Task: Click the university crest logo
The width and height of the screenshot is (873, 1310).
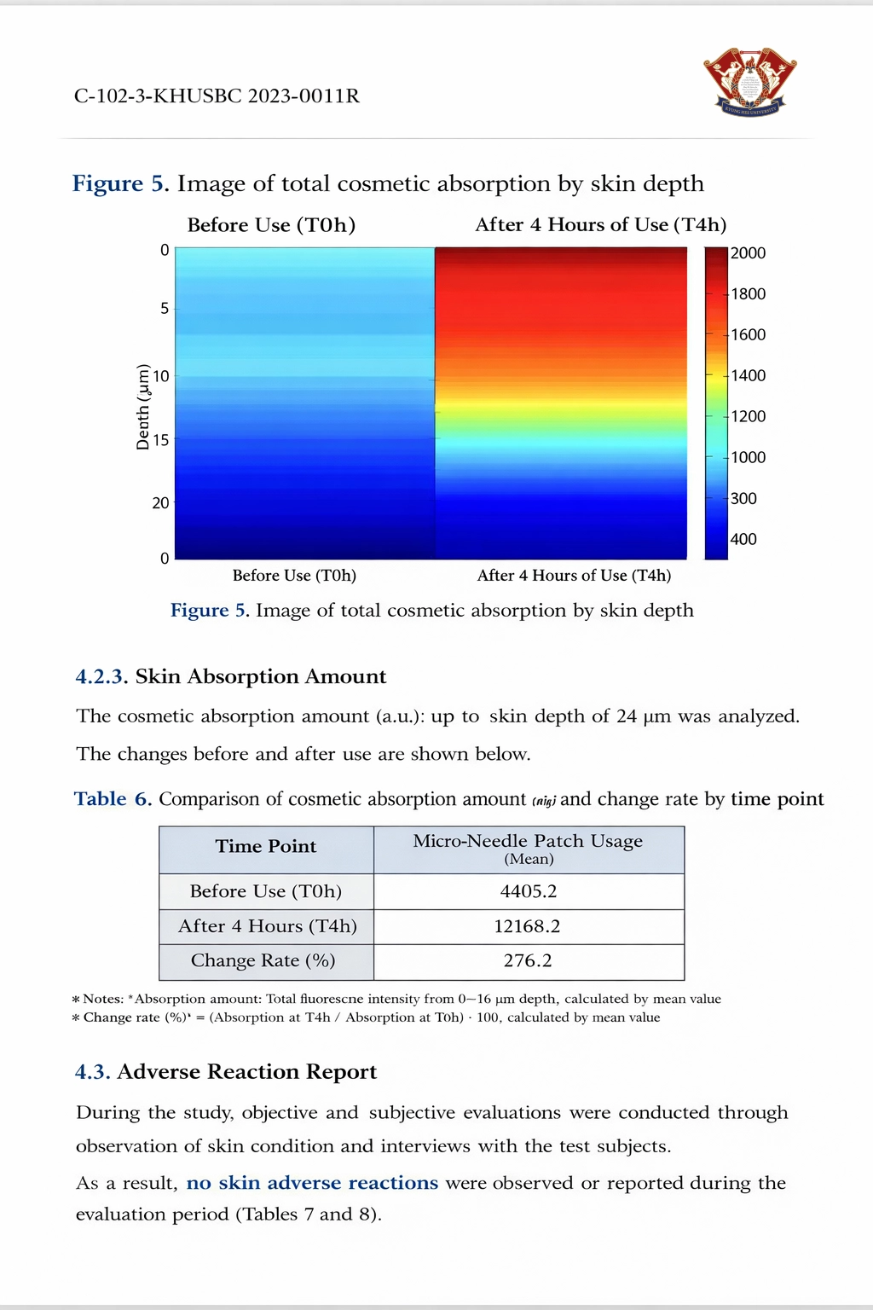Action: (x=749, y=82)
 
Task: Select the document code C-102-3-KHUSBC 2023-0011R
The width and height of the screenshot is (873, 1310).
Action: (x=217, y=96)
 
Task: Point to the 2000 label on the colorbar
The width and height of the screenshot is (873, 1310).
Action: (x=748, y=253)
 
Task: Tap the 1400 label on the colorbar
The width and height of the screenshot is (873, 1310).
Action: (x=748, y=375)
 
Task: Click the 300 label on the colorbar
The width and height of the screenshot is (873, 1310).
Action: (x=743, y=498)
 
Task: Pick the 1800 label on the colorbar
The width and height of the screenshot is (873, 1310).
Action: (x=748, y=294)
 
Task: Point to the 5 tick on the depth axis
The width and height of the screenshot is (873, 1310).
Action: (x=165, y=308)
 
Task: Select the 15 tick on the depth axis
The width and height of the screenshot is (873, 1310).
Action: (x=160, y=440)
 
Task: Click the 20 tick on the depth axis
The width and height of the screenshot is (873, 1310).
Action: (x=160, y=503)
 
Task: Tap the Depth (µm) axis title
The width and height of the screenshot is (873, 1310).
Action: (x=143, y=407)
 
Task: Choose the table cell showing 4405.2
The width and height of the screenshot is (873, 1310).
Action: (x=529, y=891)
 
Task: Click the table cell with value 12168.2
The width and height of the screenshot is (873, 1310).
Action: (x=529, y=926)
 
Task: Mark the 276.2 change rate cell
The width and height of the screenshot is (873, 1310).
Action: (x=529, y=961)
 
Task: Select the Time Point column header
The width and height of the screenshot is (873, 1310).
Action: (x=266, y=847)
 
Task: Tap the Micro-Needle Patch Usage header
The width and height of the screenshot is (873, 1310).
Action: (x=529, y=842)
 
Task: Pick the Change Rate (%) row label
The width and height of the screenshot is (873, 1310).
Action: (x=263, y=961)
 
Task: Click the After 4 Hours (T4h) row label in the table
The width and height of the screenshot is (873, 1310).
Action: (x=268, y=926)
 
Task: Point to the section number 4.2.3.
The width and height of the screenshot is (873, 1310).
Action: (x=101, y=677)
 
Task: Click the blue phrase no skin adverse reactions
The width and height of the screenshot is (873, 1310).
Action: (x=312, y=1183)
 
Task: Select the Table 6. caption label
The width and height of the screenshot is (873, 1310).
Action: (x=113, y=799)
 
